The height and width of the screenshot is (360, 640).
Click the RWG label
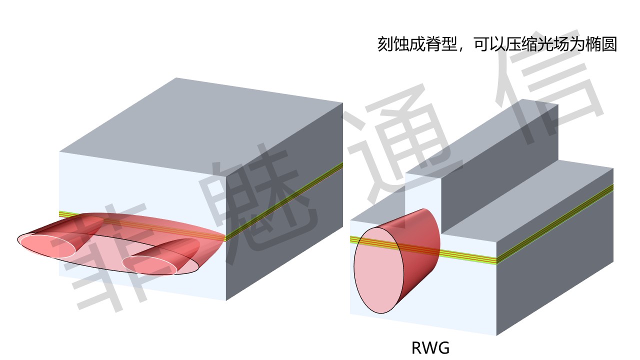click(430, 347)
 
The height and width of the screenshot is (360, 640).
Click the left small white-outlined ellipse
click(47, 244)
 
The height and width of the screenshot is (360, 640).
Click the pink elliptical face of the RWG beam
click(378, 270)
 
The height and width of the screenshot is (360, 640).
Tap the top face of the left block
click(200, 120)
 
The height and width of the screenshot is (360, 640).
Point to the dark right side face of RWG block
click(555, 270)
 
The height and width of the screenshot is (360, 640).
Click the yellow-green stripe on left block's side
click(285, 200)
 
